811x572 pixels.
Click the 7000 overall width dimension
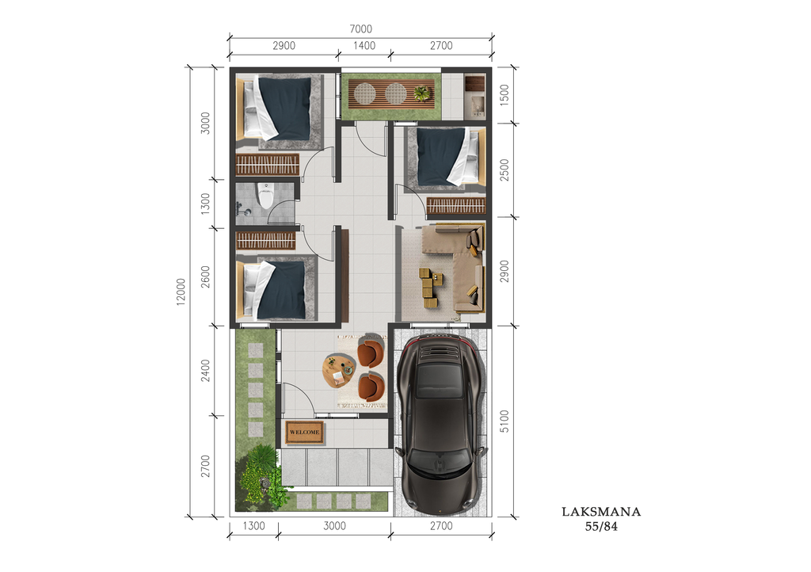click(x=360, y=29)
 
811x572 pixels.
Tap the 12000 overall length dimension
click(x=181, y=292)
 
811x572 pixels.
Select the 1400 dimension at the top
click(x=364, y=45)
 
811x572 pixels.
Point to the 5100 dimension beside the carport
click(x=504, y=421)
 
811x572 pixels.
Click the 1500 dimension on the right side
click(x=504, y=94)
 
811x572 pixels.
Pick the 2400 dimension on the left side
click(x=206, y=370)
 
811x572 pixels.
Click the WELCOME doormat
click(x=305, y=432)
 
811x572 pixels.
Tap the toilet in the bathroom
click(x=266, y=196)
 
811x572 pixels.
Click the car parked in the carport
click(x=440, y=424)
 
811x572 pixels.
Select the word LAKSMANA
click(x=602, y=512)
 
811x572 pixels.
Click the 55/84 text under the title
click(x=602, y=527)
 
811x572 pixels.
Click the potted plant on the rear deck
click(x=423, y=93)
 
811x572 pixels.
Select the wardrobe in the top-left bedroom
click(x=268, y=165)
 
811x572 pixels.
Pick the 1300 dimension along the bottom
click(x=253, y=526)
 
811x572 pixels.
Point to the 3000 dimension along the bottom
click(x=335, y=526)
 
